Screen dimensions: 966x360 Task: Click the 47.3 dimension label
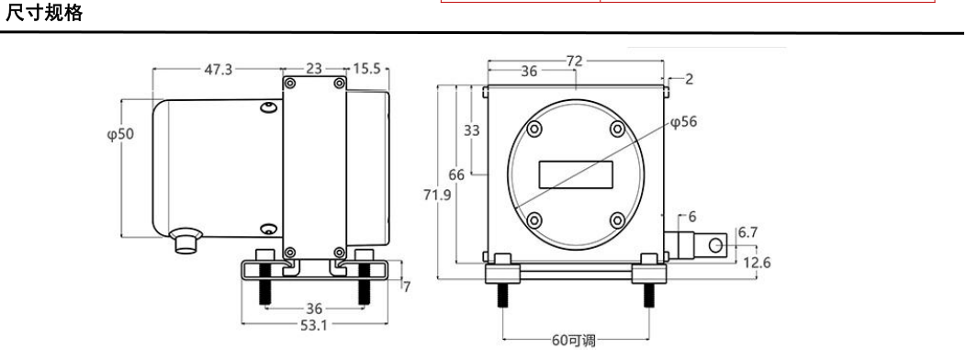(x=219, y=70)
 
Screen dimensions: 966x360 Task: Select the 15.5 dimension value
(x=366, y=69)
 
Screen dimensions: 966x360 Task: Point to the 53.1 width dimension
(x=313, y=326)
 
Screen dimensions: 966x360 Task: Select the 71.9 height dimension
(x=438, y=195)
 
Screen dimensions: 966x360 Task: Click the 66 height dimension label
(x=456, y=175)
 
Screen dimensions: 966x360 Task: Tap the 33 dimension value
(x=472, y=130)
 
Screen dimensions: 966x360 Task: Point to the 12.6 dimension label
(x=757, y=263)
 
